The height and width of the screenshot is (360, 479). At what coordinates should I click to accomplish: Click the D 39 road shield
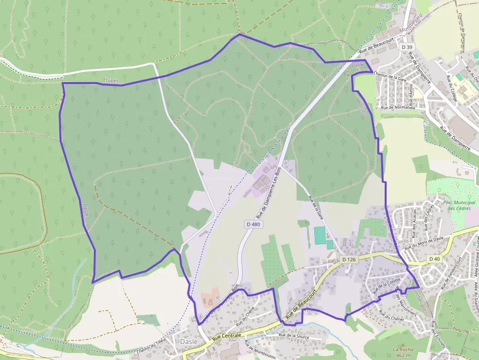[x=406, y=47]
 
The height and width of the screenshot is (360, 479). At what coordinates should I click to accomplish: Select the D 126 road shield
[x=349, y=259]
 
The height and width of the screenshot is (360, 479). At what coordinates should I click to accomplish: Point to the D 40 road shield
[x=435, y=258]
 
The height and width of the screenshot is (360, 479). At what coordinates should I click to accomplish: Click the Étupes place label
[x=111, y=79]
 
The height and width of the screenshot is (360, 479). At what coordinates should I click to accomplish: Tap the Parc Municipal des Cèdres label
[x=459, y=205]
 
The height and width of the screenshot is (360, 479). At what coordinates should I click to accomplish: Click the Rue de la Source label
[x=295, y=336]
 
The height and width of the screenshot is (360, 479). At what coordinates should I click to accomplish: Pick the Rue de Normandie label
[x=397, y=107]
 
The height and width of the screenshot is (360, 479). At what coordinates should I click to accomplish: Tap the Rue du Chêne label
[x=246, y=318]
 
